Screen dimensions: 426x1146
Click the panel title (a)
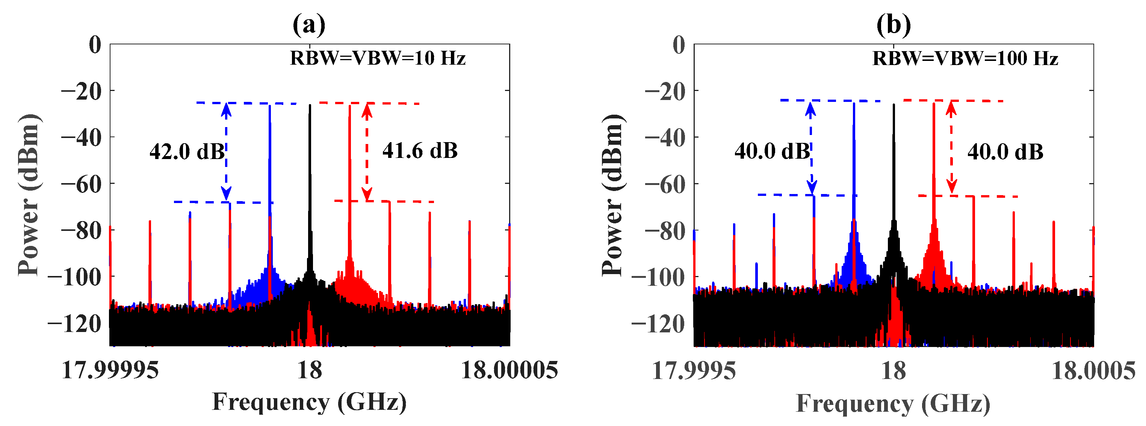(x=309, y=25)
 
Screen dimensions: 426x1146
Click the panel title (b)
(x=893, y=25)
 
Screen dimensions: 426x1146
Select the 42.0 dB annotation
(x=187, y=152)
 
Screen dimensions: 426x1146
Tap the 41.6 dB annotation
(x=420, y=151)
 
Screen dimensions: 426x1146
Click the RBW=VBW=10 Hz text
(x=378, y=58)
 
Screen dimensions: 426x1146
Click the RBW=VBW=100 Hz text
(x=965, y=58)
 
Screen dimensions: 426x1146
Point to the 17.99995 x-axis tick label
(x=110, y=370)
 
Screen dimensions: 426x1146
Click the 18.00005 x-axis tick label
(x=510, y=370)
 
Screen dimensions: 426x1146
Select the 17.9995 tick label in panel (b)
(x=694, y=371)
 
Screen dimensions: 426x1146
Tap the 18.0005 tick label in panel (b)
(x=1093, y=371)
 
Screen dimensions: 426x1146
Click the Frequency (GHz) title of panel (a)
(x=309, y=402)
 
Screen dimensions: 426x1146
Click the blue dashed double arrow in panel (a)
(x=227, y=152)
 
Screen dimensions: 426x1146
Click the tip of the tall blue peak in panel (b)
(x=854, y=104)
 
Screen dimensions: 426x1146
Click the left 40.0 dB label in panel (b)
(x=772, y=152)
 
